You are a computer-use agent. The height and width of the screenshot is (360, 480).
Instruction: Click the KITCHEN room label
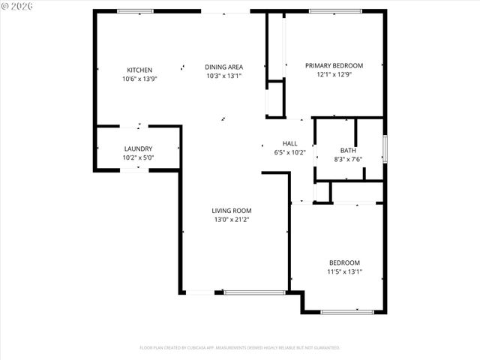[x=139, y=70]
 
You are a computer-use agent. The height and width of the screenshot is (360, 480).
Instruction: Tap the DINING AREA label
[x=224, y=67]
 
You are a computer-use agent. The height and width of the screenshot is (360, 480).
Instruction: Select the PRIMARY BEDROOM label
[x=334, y=65]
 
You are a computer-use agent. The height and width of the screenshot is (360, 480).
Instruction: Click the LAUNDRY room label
[x=138, y=148]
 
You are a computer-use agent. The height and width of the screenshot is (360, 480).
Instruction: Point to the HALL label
[x=289, y=143]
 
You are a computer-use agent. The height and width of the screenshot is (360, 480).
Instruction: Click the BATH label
[x=348, y=150]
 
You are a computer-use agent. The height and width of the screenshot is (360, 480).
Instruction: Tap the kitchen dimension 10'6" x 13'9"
[x=139, y=79]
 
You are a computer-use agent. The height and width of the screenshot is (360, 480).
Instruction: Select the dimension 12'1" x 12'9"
[x=334, y=74]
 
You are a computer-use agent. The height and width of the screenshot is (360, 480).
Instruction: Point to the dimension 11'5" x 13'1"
[x=345, y=271]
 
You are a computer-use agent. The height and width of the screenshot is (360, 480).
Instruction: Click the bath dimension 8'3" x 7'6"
[x=348, y=158]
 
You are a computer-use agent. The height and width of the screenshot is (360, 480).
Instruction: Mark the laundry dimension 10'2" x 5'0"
[x=138, y=157]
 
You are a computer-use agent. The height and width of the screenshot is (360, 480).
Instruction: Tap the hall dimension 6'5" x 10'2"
[x=289, y=152]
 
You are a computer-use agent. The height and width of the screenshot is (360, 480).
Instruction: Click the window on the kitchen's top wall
[x=136, y=11]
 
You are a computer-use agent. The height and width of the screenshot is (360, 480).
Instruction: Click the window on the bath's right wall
[x=385, y=148]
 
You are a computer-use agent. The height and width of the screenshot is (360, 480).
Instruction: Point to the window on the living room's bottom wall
[x=254, y=292]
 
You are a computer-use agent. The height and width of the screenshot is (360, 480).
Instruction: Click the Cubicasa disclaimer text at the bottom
[x=240, y=348]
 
